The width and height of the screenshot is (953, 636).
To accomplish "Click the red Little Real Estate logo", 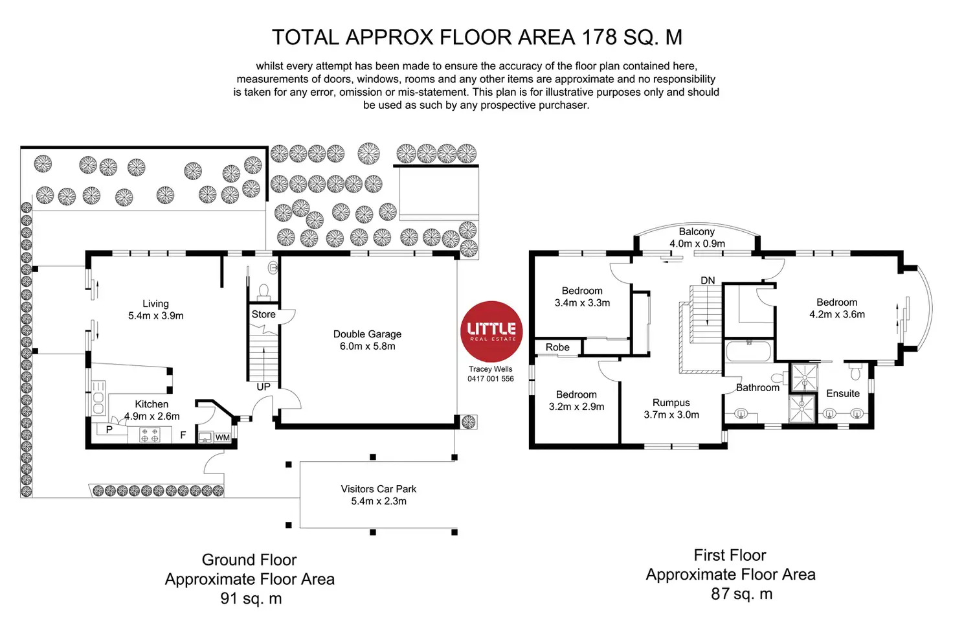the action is (x=491, y=331).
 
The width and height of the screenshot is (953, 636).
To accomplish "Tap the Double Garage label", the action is (x=367, y=334).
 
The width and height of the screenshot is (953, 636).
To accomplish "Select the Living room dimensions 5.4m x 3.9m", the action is (x=155, y=316).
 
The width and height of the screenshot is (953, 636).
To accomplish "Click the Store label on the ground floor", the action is (x=263, y=314).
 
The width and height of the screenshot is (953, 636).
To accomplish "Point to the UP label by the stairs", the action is (x=263, y=387).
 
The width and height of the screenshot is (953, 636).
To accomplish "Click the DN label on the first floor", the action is (x=708, y=280).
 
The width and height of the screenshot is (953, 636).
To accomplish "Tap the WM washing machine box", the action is (x=223, y=438).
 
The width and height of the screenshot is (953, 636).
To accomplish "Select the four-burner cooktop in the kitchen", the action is (x=150, y=435).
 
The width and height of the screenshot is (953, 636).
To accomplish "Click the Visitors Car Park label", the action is (x=379, y=489).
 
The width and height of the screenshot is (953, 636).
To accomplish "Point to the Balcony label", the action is (x=697, y=231).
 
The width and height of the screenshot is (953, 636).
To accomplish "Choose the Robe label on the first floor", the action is (x=557, y=347).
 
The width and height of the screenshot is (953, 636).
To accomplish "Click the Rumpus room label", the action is (x=671, y=403).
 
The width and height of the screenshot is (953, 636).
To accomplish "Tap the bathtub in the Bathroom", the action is (x=748, y=352).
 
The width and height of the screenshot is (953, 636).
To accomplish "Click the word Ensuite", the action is (x=843, y=393).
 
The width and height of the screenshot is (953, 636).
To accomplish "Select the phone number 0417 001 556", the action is (x=491, y=379).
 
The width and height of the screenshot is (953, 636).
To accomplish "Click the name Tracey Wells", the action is (x=491, y=369).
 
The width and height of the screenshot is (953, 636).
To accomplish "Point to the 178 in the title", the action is (x=600, y=37).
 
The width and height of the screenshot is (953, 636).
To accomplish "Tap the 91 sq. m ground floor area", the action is (x=251, y=598).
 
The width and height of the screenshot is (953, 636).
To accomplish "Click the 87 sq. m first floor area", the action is (x=742, y=594).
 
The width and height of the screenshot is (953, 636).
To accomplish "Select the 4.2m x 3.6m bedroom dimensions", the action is (x=837, y=315).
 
